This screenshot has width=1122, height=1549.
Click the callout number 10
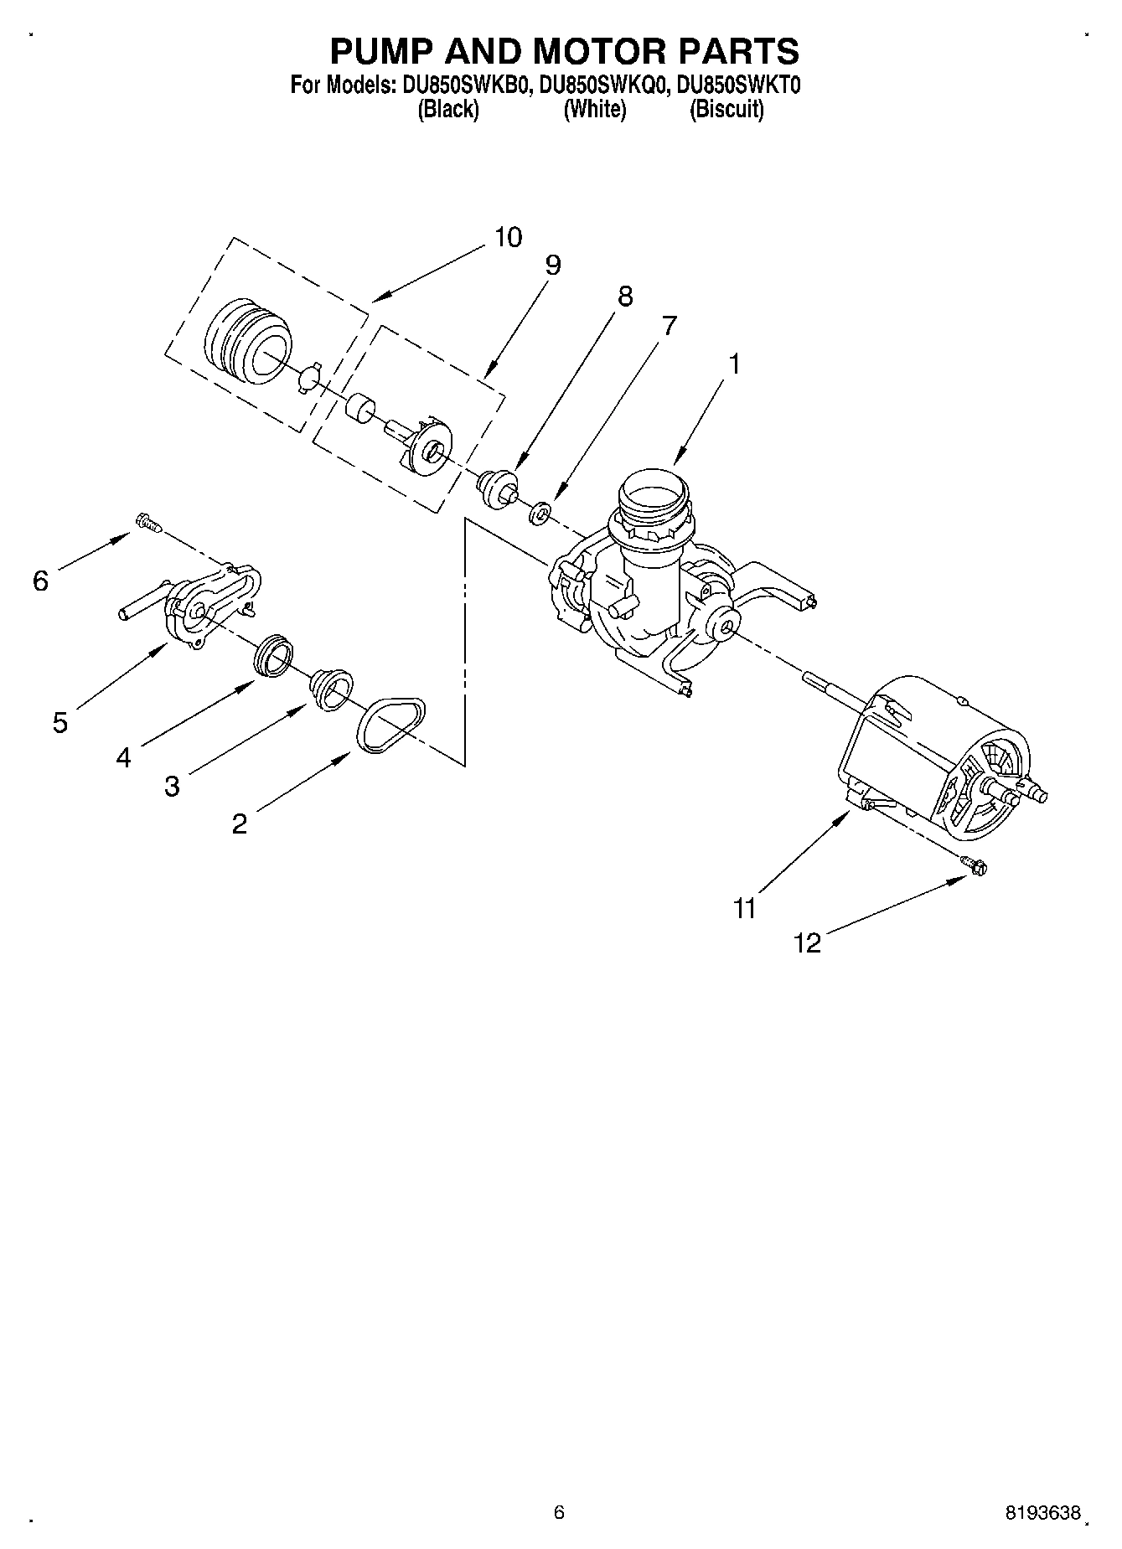coord(507,237)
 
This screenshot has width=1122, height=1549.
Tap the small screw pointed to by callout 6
coord(147,523)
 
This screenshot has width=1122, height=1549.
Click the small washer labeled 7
coord(540,511)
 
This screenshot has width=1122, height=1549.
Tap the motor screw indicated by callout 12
coord(975,865)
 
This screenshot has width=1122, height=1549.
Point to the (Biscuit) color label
coord(726,109)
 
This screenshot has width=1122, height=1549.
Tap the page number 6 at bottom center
coord(559,1512)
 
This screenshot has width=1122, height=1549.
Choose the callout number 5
coord(59,721)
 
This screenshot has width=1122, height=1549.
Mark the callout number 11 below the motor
coord(744,908)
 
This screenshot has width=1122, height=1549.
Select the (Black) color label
coord(447,109)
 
